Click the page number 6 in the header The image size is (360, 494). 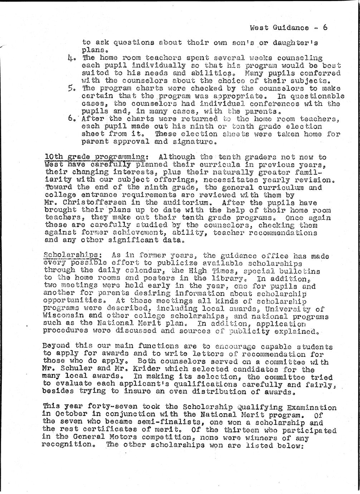pos(325,28)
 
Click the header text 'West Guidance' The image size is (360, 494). pos(279,28)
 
